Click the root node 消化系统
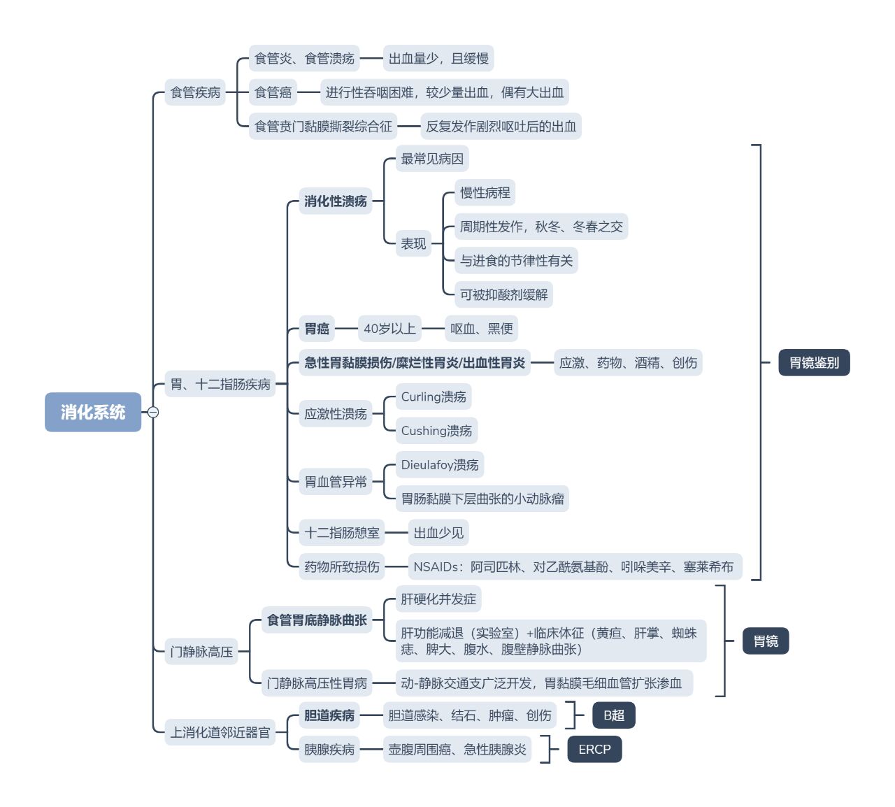point(93,411)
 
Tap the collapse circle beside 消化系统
point(153,412)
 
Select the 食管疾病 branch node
point(195,92)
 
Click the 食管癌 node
point(273,92)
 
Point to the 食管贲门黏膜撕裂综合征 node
point(323,127)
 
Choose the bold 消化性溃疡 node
point(336,201)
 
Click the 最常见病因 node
point(432,159)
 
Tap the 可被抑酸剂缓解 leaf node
point(503,294)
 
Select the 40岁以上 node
point(389,329)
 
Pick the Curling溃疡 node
point(434,397)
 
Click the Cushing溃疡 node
point(436,430)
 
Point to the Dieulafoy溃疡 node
point(440,464)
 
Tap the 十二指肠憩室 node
point(342,532)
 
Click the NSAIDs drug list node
point(575,566)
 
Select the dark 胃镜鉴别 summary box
point(814,362)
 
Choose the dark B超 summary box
point(613,715)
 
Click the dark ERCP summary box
point(594,750)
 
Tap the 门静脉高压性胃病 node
point(317,683)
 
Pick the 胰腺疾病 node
point(329,750)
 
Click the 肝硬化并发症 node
point(438,599)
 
